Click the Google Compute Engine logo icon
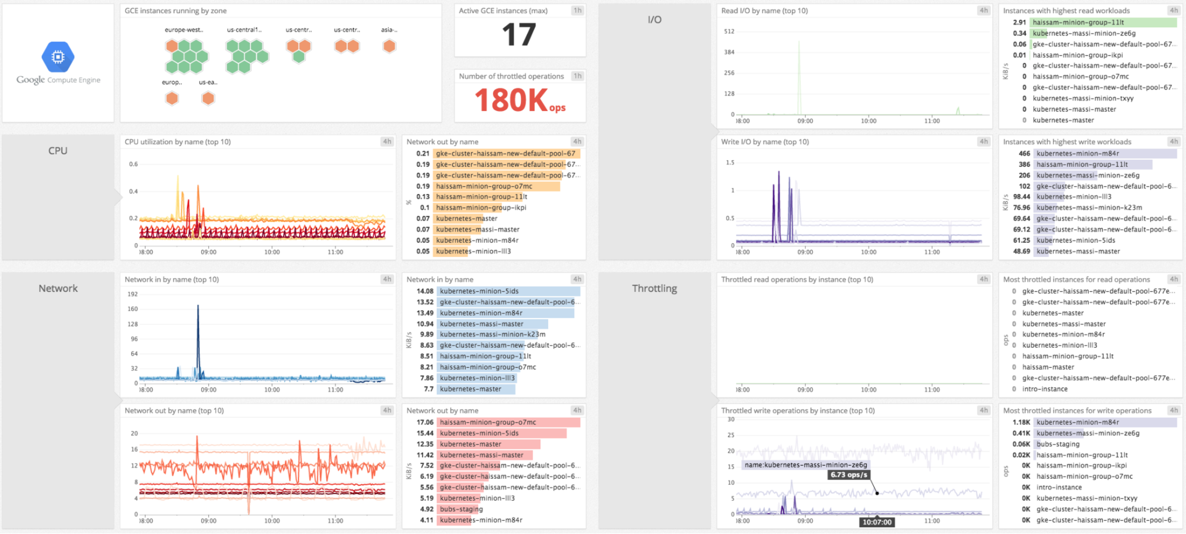point(58,57)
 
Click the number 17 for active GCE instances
point(519,34)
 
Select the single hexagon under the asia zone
point(389,46)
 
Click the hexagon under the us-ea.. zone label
point(208,98)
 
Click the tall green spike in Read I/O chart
point(799,71)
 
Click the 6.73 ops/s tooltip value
point(849,475)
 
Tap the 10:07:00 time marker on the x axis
point(877,522)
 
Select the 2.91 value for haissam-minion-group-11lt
point(1019,23)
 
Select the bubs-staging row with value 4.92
point(461,509)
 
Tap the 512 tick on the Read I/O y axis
point(729,31)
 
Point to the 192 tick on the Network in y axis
point(132,294)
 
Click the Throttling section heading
point(654,288)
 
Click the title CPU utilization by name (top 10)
point(177,142)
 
